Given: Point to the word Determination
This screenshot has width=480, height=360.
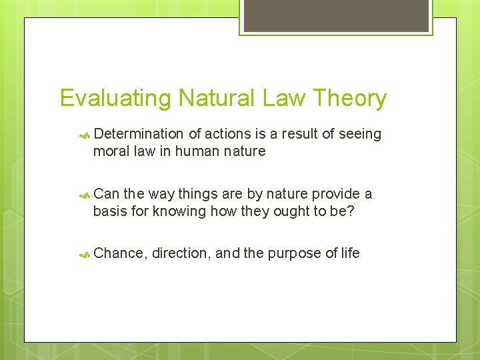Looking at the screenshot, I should pos(138,134).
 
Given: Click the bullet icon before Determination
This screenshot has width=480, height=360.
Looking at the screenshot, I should pos(85,135).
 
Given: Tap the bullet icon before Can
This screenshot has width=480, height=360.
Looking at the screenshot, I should pos(85,195).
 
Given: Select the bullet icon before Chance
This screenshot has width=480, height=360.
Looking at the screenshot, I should pos(85,254).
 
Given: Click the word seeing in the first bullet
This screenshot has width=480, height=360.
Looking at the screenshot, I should pos(360,134).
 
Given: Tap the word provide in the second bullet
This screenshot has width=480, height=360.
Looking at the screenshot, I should pos(336,194).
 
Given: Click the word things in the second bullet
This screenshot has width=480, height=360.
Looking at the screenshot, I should pos(199,194).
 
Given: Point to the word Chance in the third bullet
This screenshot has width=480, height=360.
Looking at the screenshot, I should pos(119,253).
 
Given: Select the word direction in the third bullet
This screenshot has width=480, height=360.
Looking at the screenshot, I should pos(180,253).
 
